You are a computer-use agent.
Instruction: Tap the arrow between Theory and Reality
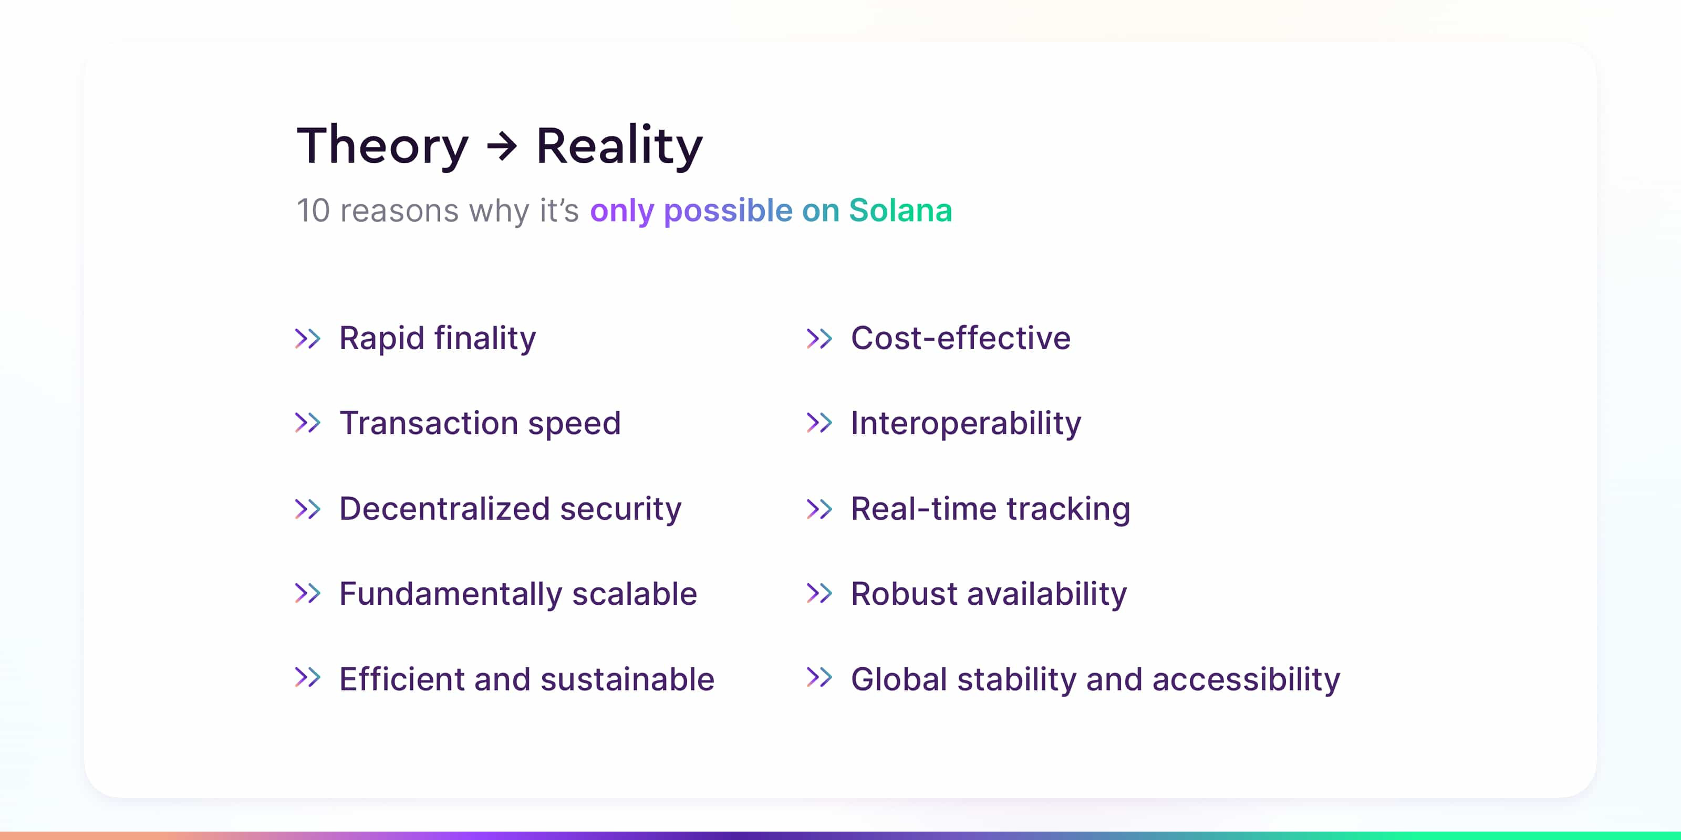coord(502,146)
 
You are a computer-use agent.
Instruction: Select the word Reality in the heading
coord(619,146)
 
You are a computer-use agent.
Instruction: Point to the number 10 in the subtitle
coord(313,211)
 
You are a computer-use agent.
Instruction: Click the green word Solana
coord(900,210)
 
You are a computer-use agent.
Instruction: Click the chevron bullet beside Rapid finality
coord(307,339)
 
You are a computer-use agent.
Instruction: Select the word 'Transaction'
coord(429,423)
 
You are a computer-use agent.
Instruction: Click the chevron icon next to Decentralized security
coord(307,509)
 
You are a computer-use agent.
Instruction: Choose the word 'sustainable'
coord(628,679)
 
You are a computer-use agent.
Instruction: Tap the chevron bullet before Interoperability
coord(819,423)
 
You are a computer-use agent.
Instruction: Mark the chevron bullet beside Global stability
coord(819,678)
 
